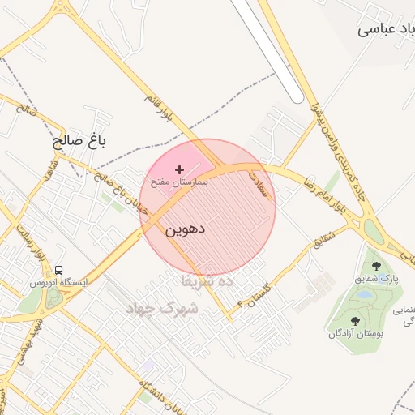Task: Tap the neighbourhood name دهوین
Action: click(x=186, y=229)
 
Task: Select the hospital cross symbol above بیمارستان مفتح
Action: click(x=179, y=169)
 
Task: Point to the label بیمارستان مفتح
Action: click(x=178, y=182)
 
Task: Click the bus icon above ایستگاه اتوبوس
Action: click(x=58, y=270)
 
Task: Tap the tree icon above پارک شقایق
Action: click(x=374, y=265)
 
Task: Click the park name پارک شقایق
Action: click(x=377, y=278)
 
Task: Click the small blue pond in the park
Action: click(x=363, y=297)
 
